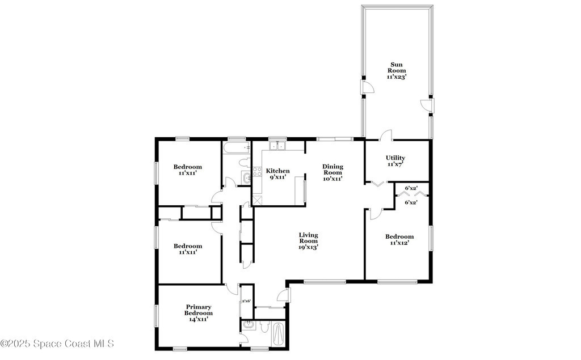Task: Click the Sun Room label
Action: tap(397, 67)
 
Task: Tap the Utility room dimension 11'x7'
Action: tap(395, 164)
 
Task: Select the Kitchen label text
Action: tap(278, 171)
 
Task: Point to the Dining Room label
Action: tap(332, 170)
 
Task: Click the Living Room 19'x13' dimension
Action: tap(309, 247)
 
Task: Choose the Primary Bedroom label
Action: tap(199, 310)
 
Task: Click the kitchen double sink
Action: tap(278, 146)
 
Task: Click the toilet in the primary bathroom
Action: tap(264, 327)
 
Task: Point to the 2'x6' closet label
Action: tap(246, 301)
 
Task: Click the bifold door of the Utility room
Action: tap(378, 184)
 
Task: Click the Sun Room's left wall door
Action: tap(368, 87)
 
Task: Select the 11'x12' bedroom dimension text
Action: tap(399, 243)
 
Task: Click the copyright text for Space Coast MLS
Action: tap(57, 344)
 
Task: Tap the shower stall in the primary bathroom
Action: tap(278, 333)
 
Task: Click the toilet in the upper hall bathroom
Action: tap(244, 163)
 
